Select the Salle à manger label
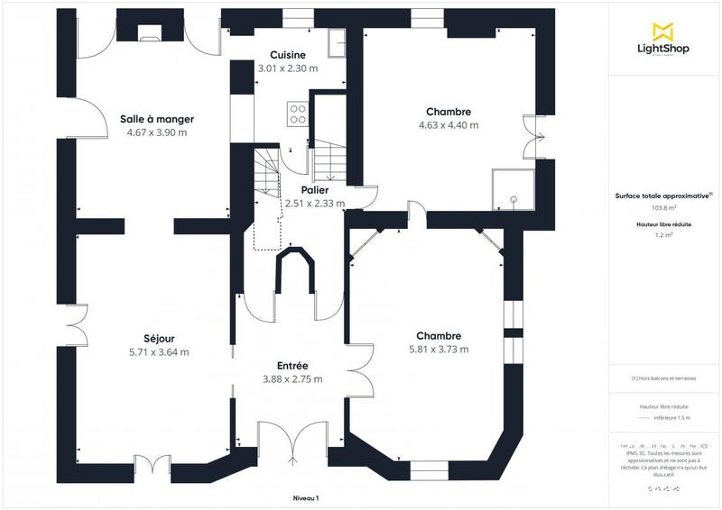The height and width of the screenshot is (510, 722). point(157,119)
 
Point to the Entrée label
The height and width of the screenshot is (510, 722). point(293,365)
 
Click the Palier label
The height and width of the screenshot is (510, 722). point(315,190)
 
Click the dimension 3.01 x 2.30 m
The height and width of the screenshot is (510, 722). point(288,68)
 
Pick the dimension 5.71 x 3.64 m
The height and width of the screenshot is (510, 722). point(159,351)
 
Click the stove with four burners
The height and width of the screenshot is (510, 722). point(297,114)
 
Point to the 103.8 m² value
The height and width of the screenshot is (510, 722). point(664,207)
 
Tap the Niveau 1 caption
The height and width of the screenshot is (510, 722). point(306,497)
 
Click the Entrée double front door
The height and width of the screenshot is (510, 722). point(293,442)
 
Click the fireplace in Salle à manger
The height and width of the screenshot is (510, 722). point(147,34)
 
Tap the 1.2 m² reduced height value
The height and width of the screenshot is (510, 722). point(664,234)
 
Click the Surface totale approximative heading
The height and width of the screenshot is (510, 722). point(663,194)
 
